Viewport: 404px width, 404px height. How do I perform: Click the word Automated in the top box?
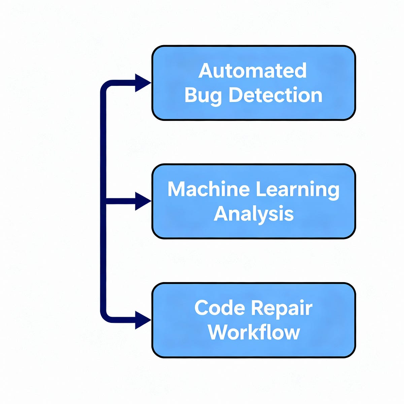252,71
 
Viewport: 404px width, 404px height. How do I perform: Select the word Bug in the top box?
203,96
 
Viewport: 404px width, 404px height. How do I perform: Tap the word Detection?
275,95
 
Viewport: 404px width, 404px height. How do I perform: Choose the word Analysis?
254,214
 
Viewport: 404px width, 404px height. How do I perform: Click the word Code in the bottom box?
219,308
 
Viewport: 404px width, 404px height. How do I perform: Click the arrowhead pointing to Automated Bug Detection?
142,83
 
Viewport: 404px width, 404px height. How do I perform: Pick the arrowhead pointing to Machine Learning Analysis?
142,201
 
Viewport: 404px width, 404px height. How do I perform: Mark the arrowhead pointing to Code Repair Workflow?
142,320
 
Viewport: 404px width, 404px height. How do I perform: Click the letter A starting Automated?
205,71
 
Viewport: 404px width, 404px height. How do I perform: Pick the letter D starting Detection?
236,95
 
